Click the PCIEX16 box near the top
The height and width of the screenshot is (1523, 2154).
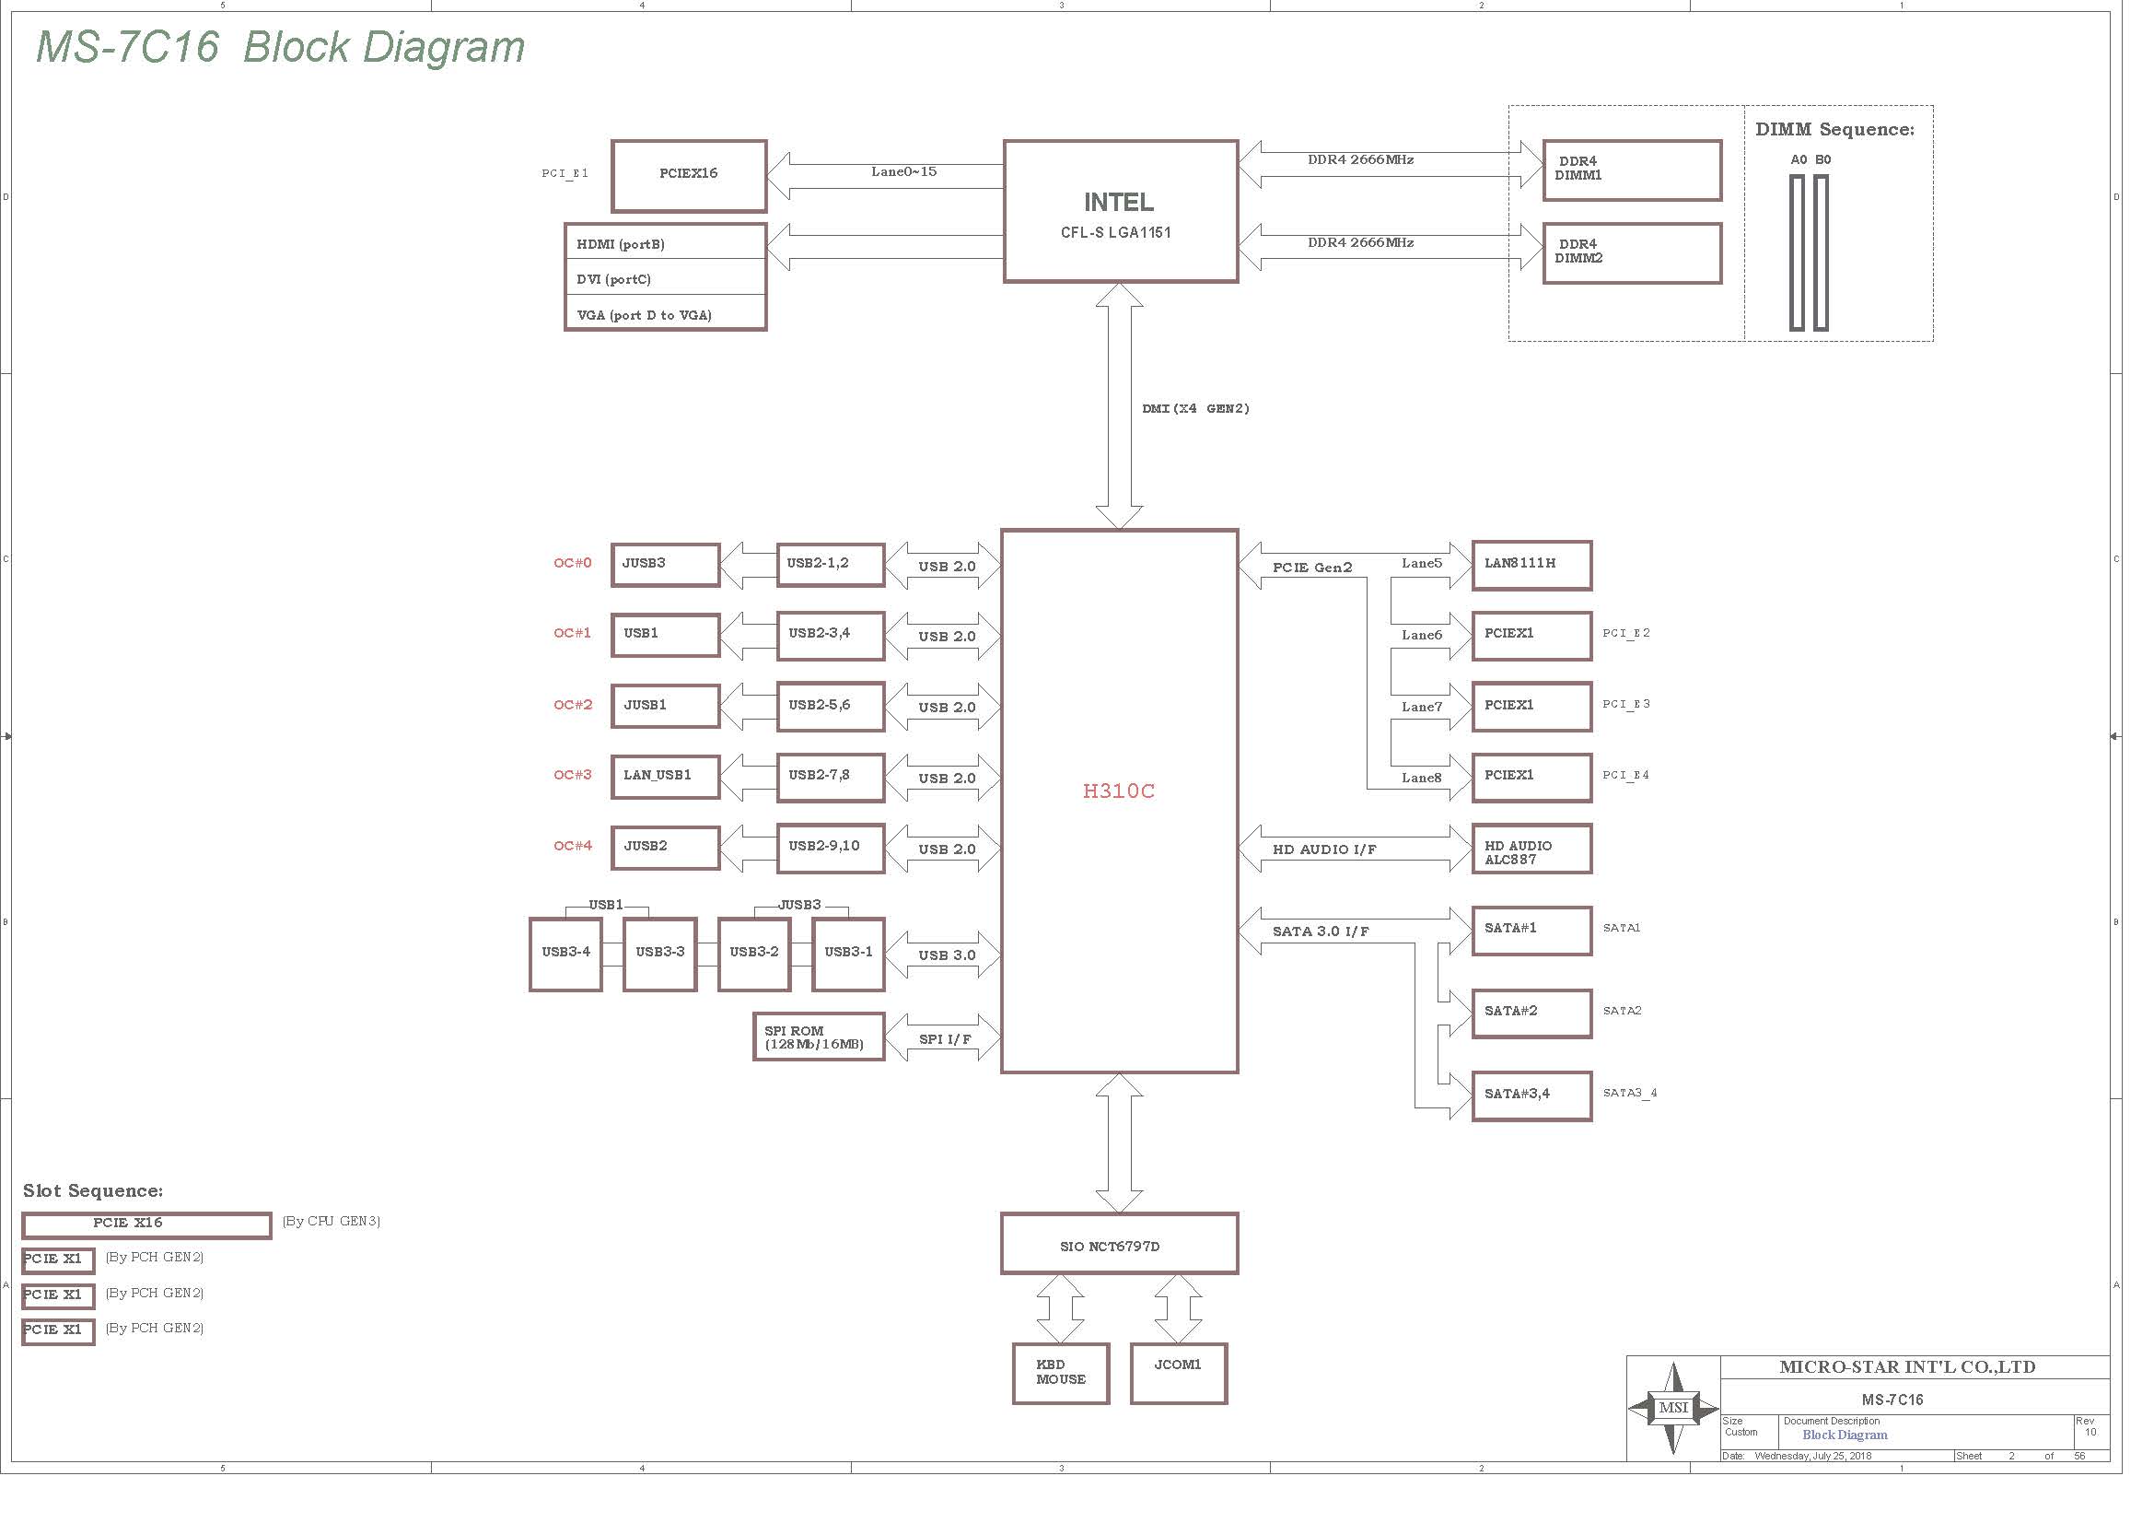click(689, 176)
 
